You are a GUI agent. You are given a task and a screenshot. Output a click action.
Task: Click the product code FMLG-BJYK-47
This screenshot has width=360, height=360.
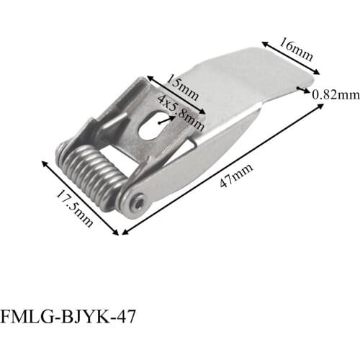click(67, 317)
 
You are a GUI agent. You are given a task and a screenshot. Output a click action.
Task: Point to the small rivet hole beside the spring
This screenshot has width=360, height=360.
click(138, 204)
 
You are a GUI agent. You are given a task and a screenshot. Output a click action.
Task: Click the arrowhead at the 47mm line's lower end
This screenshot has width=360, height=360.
click(125, 232)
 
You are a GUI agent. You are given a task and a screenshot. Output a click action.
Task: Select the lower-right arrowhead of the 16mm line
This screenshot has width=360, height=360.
click(317, 71)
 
